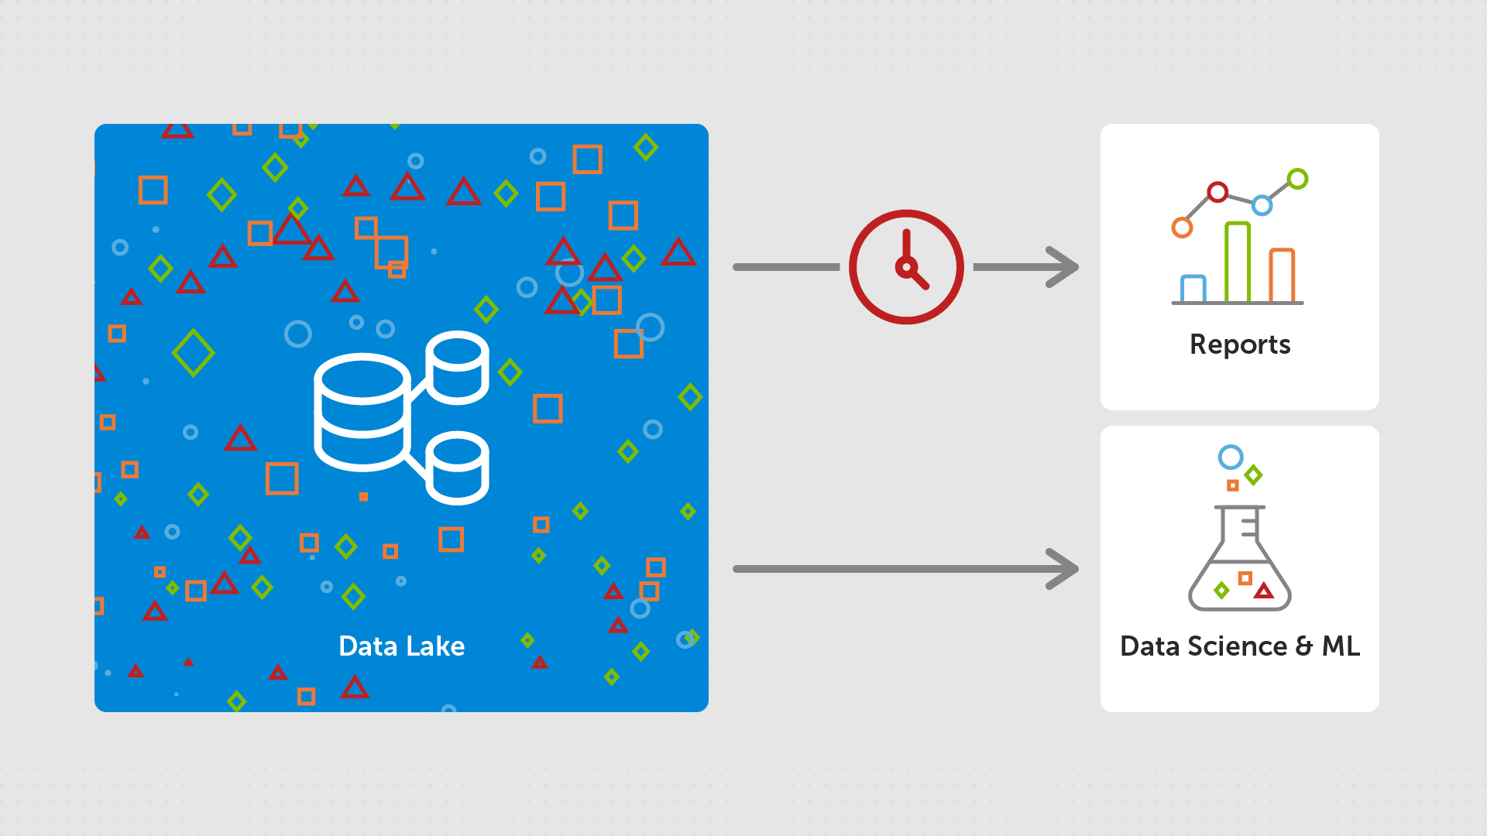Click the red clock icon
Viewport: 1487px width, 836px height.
pyautogui.click(x=906, y=267)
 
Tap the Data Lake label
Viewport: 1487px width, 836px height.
pyautogui.click(x=401, y=646)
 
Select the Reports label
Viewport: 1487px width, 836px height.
pyautogui.click(x=1239, y=344)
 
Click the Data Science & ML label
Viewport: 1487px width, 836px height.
pyautogui.click(x=1239, y=646)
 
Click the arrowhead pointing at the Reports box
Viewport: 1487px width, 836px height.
pyautogui.click(x=1064, y=267)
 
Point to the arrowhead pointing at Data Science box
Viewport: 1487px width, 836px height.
pyautogui.click(x=1064, y=569)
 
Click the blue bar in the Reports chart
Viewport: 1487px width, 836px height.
pyautogui.click(x=1193, y=289)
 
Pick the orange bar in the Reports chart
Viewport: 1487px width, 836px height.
pyautogui.click(x=1282, y=276)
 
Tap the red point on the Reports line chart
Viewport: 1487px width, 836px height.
pyautogui.click(x=1217, y=192)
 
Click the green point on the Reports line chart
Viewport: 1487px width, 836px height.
pyautogui.click(x=1297, y=179)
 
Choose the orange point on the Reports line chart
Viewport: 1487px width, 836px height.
pyautogui.click(x=1182, y=228)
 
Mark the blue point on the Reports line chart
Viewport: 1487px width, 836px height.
pyautogui.click(x=1262, y=205)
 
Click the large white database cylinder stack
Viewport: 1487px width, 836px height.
pyautogui.click(x=362, y=412)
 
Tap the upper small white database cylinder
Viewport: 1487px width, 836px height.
pyautogui.click(x=457, y=368)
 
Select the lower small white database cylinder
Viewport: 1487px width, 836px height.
pyautogui.click(x=457, y=468)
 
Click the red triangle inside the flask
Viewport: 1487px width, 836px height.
pyautogui.click(x=1264, y=591)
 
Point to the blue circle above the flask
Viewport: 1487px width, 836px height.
pyautogui.click(x=1230, y=457)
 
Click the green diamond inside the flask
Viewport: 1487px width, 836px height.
pyautogui.click(x=1221, y=591)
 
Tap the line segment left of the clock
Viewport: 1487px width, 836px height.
pyautogui.click(x=786, y=267)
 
